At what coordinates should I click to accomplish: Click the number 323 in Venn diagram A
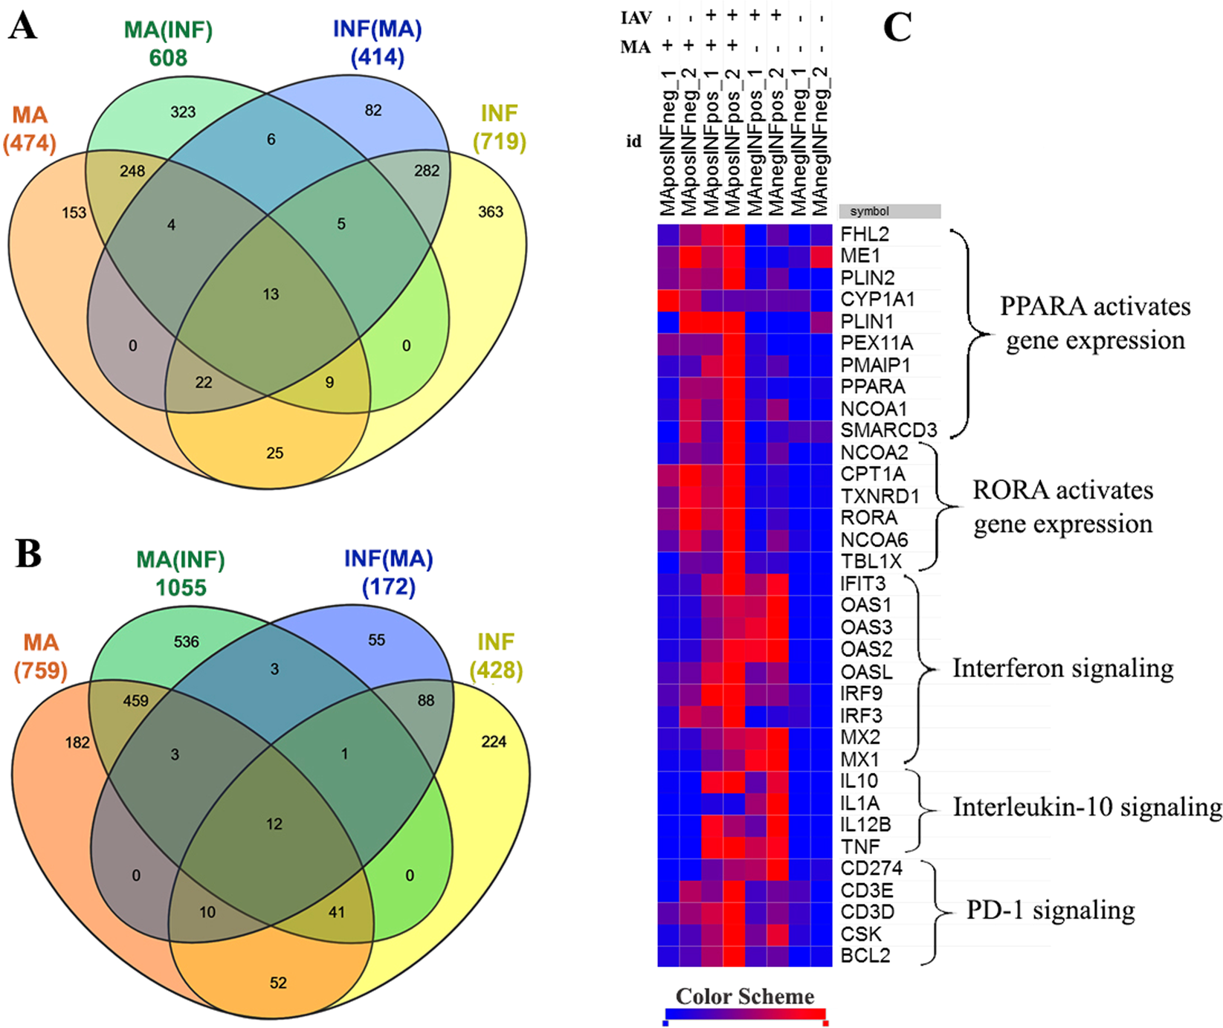(183, 112)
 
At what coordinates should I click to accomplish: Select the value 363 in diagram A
(491, 212)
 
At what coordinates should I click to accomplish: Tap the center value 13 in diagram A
(271, 294)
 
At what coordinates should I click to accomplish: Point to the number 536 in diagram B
(186, 641)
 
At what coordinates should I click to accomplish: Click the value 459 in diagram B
(135, 700)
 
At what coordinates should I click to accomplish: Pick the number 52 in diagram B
(278, 983)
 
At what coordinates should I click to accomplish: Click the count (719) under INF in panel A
(500, 141)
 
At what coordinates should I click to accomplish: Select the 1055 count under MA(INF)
(181, 588)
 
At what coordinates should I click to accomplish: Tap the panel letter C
(897, 28)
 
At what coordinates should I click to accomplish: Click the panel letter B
(28, 554)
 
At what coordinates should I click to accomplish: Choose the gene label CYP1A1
(877, 300)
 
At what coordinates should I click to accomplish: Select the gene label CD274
(871, 868)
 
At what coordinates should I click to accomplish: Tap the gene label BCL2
(865, 956)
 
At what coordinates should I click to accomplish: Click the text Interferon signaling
(1063, 668)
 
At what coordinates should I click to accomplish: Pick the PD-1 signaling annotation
(1051, 910)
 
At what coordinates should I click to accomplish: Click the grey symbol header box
(889, 211)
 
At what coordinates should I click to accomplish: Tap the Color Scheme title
(744, 996)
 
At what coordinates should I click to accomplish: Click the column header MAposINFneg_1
(668, 141)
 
